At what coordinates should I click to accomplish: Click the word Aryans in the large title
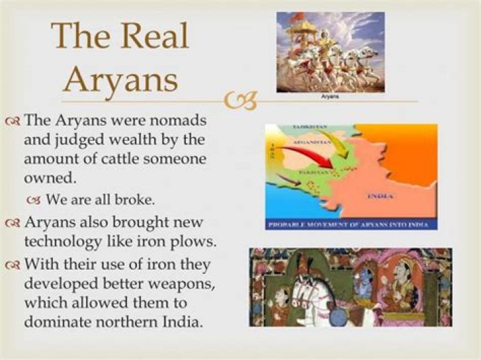[124, 79]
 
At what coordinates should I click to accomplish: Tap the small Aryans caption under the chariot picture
[329, 97]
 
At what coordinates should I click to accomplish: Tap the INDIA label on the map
[381, 196]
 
